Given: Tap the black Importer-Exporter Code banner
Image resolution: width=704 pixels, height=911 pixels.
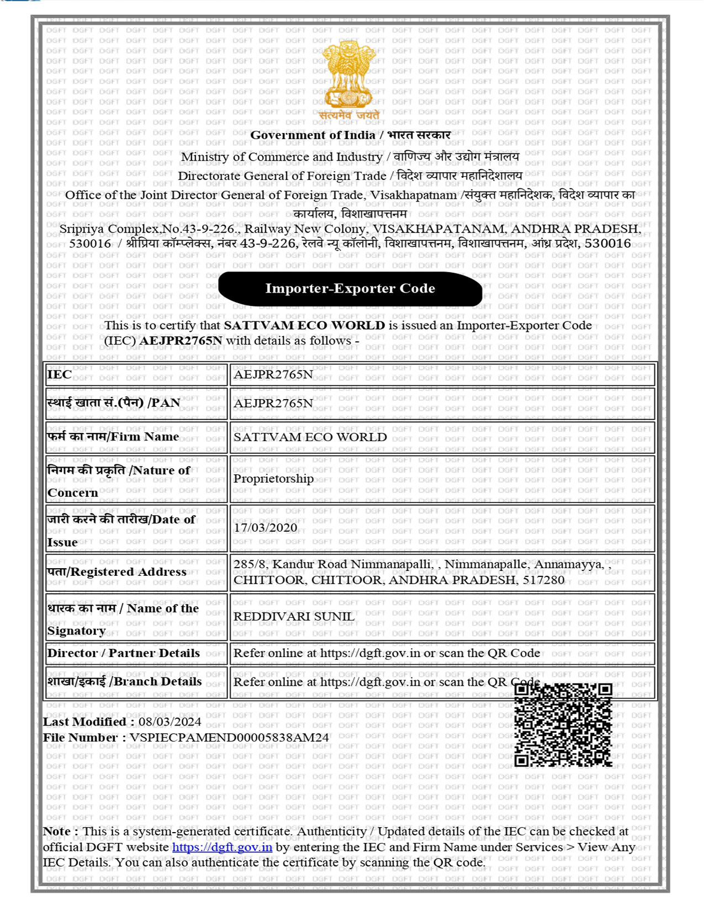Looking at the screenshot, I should (x=350, y=289).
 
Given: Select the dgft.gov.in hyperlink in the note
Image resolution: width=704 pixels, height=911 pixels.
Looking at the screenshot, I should (x=222, y=847).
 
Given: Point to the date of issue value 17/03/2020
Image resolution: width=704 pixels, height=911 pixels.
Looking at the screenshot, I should (x=266, y=528).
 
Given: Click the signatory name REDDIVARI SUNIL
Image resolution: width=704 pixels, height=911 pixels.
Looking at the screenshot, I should (x=294, y=617).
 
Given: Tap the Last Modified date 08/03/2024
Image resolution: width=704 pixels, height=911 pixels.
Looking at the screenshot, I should (x=170, y=722).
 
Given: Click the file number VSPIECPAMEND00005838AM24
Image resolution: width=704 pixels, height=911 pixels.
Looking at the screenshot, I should (x=229, y=738).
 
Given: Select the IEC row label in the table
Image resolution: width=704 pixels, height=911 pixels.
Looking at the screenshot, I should (x=60, y=374).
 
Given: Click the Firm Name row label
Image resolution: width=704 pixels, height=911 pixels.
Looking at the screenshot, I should (x=113, y=437).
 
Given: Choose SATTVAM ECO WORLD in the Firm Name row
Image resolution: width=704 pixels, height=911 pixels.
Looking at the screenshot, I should (x=310, y=437).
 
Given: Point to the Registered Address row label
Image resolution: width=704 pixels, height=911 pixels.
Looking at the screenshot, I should (x=117, y=572).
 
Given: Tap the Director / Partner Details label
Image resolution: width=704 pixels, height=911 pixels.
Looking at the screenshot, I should (x=124, y=653).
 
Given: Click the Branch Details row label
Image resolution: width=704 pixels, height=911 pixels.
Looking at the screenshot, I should (x=125, y=682).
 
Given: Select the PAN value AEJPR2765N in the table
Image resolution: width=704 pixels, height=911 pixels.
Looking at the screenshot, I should (x=273, y=404).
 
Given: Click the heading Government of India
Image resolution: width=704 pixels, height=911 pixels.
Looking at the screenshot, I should (x=313, y=135).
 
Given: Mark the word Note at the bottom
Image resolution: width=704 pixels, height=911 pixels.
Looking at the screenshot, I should (x=57, y=831).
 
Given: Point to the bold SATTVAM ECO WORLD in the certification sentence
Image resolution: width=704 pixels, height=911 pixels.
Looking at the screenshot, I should (x=304, y=326).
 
